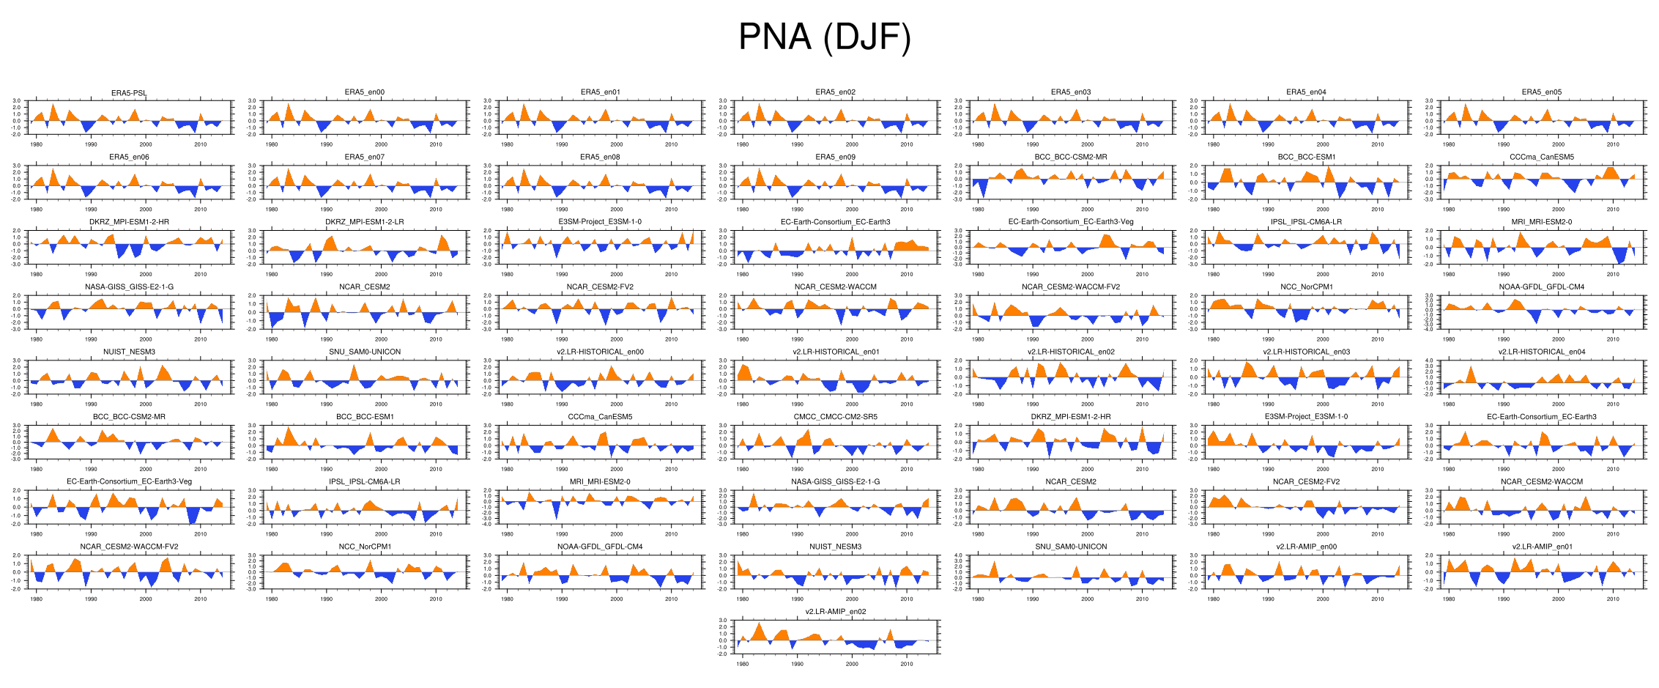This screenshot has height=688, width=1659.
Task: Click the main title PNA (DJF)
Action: [x=825, y=37]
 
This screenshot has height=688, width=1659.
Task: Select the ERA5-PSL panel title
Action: [x=129, y=93]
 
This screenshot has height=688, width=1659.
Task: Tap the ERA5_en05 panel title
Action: [x=1541, y=92]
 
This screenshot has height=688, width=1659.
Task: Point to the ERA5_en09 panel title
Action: [x=835, y=157]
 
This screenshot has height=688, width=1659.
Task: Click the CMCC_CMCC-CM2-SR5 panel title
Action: [x=835, y=417]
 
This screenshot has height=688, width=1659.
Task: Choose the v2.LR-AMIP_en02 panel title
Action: [x=835, y=612]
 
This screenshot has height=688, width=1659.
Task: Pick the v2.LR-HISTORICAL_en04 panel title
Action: [x=1541, y=352]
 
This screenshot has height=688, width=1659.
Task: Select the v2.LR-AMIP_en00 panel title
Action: [x=1306, y=547]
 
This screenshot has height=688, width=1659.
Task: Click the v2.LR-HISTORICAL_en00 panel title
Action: [x=600, y=352]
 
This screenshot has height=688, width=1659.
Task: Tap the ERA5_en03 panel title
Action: [x=1071, y=92]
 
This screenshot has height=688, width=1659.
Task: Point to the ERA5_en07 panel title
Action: [x=364, y=157]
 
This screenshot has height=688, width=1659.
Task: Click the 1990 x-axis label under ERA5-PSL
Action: [x=91, y=144]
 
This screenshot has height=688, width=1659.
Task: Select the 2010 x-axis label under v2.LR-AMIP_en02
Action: [x=907, y=664]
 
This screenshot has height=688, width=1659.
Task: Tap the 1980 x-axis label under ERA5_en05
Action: [x=1449, y=144]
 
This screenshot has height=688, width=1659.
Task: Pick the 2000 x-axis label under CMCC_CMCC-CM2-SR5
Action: [x=852, y=469]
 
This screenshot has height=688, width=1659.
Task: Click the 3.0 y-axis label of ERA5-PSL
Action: [x=17, y=101]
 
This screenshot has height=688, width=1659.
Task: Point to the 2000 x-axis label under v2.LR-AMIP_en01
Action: [x=1558, y=599]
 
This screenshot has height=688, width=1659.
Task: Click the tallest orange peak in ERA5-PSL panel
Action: [x=53, y=104]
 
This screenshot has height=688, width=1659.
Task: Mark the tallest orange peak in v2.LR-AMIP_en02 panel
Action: [x=759, y=623]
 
